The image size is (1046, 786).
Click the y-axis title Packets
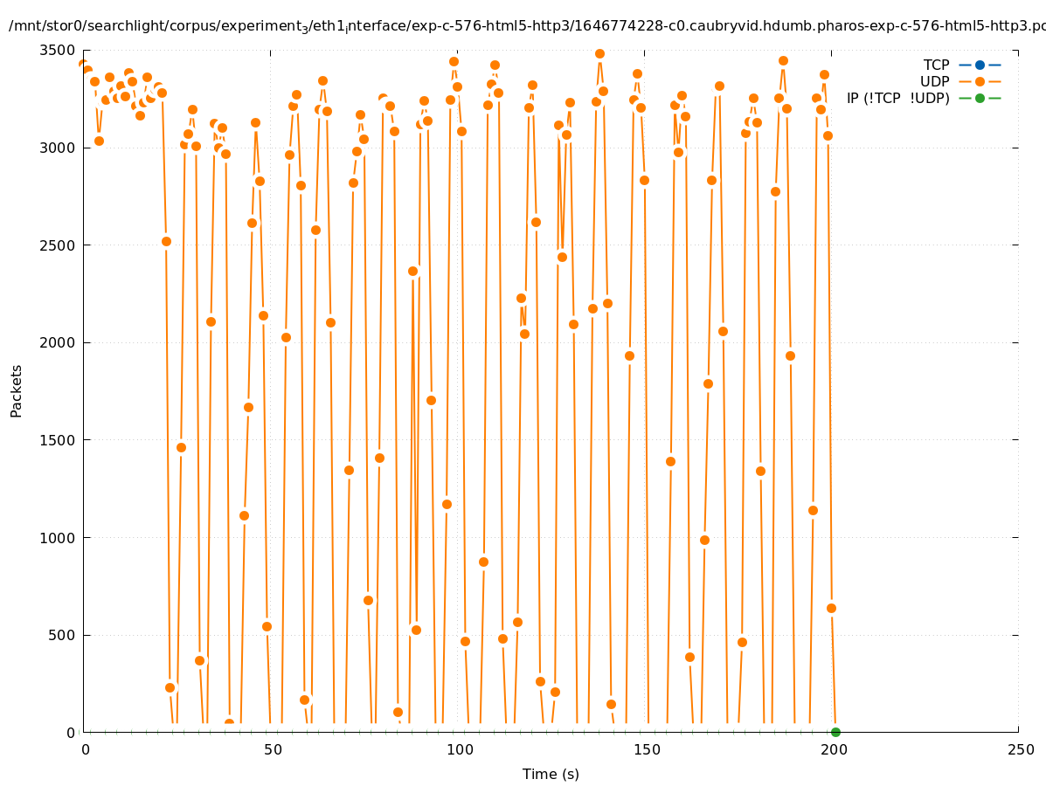click(x=17, y=390)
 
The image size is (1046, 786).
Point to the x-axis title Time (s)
click(x=551, y=774)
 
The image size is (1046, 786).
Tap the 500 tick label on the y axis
click(x=62, y=635)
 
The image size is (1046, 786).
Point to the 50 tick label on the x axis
click(x=273, y=749)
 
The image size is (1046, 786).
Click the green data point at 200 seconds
click(x=835, y=732)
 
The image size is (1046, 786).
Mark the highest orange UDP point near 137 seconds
click(x=599, y=53)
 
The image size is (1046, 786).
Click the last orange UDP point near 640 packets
click(x=831, y=608)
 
